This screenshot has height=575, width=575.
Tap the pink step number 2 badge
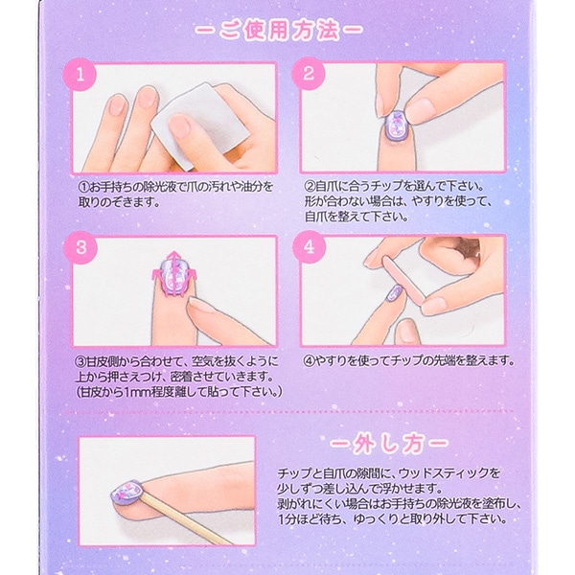click(x=310, y=74)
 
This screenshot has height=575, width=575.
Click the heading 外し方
click(x=382, y=446)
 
